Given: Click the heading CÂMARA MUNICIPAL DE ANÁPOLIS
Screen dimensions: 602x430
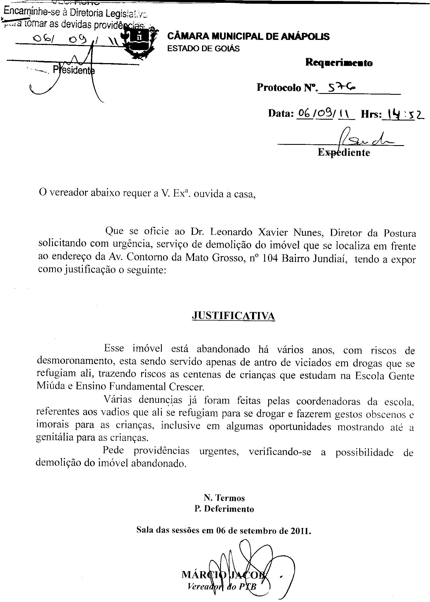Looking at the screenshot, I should [248, 36].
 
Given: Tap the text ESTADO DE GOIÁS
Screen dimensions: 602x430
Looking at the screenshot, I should [203, 49].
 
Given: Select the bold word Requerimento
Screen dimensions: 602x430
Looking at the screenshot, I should [339, 63].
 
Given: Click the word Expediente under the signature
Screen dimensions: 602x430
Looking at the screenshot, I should [344, 152].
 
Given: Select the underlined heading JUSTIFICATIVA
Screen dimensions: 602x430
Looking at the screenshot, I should [233, 316].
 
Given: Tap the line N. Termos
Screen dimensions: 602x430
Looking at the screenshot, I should [224, 498].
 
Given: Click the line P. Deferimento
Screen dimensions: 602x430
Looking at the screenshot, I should [224, 509].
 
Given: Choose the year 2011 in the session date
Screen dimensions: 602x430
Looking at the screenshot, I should [300, 531].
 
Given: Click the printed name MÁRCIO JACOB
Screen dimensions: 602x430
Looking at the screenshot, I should [223, 575].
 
